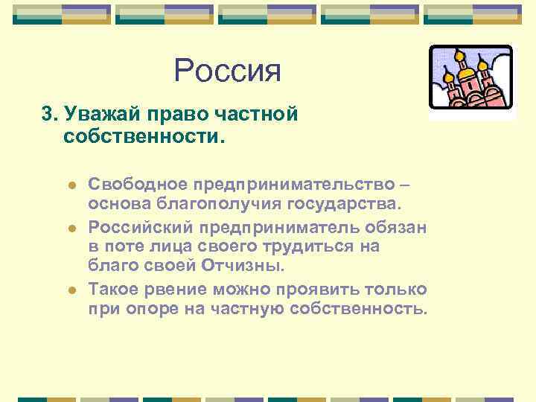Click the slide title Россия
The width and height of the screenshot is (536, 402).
pyautogui.click(x=228, y=71)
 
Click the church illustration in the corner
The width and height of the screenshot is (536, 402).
pyautogui.click(x=471, y=79)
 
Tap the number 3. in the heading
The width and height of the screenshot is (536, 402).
pyautogui.click(x=50, y=115)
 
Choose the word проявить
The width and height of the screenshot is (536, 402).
pyautogui.click(x=315, y=288)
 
